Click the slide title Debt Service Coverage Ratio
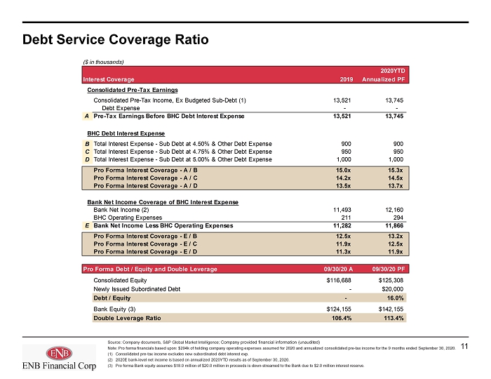pyautogui.click(x=115, y=40)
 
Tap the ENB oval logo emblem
pyautogui.click(x=59, y=354)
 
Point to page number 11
pyautogui.click(x=464, y=346)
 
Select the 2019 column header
pyautogui.click(x=347, y=79)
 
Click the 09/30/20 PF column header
pyautogui.click(x=389, y=269)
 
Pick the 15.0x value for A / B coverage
pyautogui.click(x=343, y=171)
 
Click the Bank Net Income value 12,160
pyautogui.click(x=394, y=210)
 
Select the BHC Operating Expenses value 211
pyautogui.click(x=346, y=218)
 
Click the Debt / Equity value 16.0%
pyautogui.click(x=395, y=298)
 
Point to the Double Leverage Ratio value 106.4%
pyautogui.click(x=342, y=318)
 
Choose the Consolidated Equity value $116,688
pyautogui.click(x=339, y=280)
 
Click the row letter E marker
pyautogui.click(x=87, y=225)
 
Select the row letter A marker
pyautogui.click(x=87, y=117)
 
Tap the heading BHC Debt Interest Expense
pyautogui.click(x=126, y=133)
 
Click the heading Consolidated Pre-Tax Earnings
pyautogui.click(x=133, y=91)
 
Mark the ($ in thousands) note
pyautogui.click(x=104, y=62)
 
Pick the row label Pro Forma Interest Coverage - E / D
pyautogui.click(x=145, y=252)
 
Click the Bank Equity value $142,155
pyautogui.click(x=391, y=309)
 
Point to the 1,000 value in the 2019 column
pyautogui.click(x=344, y=159)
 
